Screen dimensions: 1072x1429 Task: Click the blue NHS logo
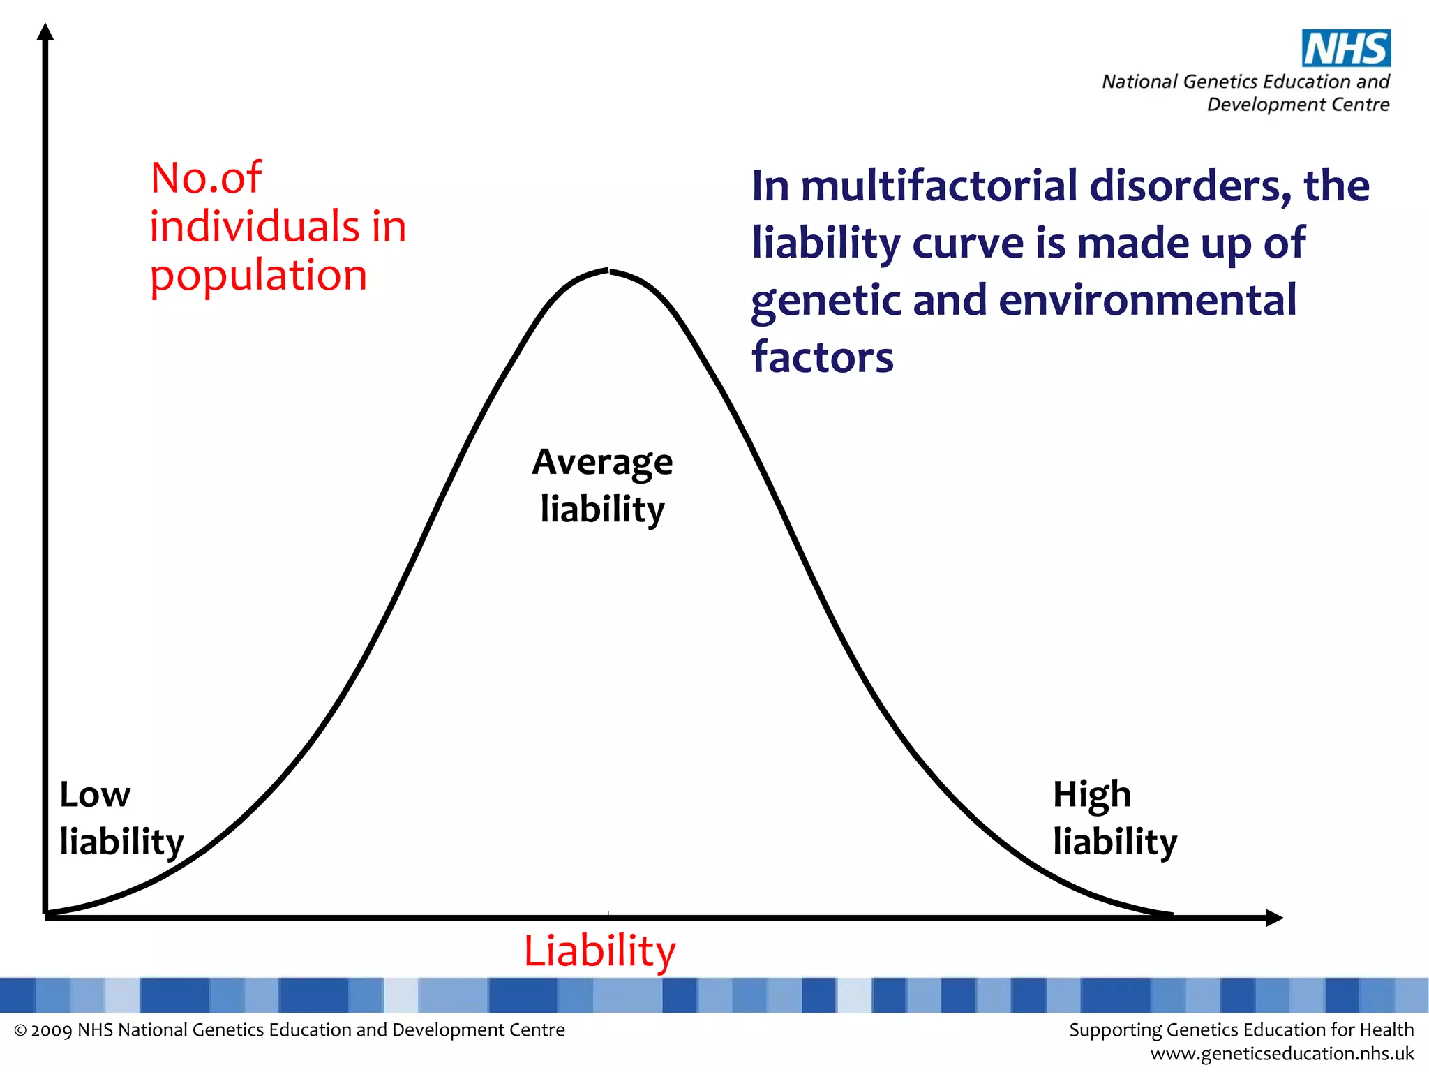[1346, 48]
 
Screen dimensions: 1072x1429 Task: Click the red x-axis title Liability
[600, 951]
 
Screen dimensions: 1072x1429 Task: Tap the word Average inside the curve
[602, 462]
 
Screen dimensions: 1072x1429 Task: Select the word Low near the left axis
[95, 795]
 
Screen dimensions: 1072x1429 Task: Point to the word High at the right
[1091, 795]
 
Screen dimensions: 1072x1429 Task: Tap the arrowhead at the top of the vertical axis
[45, 32]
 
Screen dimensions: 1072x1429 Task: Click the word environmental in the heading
[1147, 301]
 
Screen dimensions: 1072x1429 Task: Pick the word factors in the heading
[822, 357]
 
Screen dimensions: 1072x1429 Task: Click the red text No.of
[206, 178]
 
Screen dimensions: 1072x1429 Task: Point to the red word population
[258, 276]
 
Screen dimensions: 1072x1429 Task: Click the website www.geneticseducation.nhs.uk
[1282, 1053]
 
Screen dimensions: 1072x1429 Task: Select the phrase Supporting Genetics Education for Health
[1241, 1030]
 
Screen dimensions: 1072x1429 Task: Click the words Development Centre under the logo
[1298, 105]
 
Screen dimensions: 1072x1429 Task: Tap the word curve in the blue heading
[968, 244]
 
